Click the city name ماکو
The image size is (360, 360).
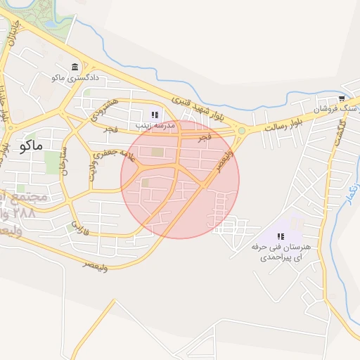(32, 146)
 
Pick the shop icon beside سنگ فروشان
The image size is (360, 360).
(342, 99)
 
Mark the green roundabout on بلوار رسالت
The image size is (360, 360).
(242, 130)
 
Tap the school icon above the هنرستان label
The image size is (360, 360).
(281, 237)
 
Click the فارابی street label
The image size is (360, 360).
(77, 226)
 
